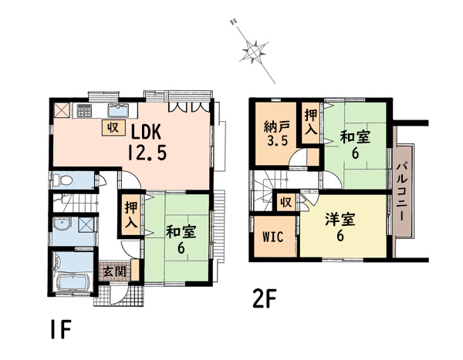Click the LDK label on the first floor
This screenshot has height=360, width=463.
[x=146, y=132]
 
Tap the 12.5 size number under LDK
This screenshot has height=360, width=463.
[x=147, y=153]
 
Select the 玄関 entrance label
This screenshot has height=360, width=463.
[x=114, y=271]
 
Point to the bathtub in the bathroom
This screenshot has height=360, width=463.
[x=73, y=281]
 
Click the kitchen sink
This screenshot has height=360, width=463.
[x=118, y=111]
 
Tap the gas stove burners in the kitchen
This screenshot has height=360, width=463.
[x=84, y=111]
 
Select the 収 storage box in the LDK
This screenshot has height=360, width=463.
[x=113, y=128]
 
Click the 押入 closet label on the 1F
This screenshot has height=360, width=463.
[x=131, y=215]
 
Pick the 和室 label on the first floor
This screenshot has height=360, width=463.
[x=181, y=231]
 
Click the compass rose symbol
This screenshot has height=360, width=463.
[x=254, y=52]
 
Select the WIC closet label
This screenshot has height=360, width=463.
[x=273, y=237]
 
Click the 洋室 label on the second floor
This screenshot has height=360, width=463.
[x=340, y=220]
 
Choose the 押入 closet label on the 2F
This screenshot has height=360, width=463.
[x=311, y=122]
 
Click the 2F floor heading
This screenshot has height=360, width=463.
[x=264, y=298]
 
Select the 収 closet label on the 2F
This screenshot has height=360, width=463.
[x=286, y=203]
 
